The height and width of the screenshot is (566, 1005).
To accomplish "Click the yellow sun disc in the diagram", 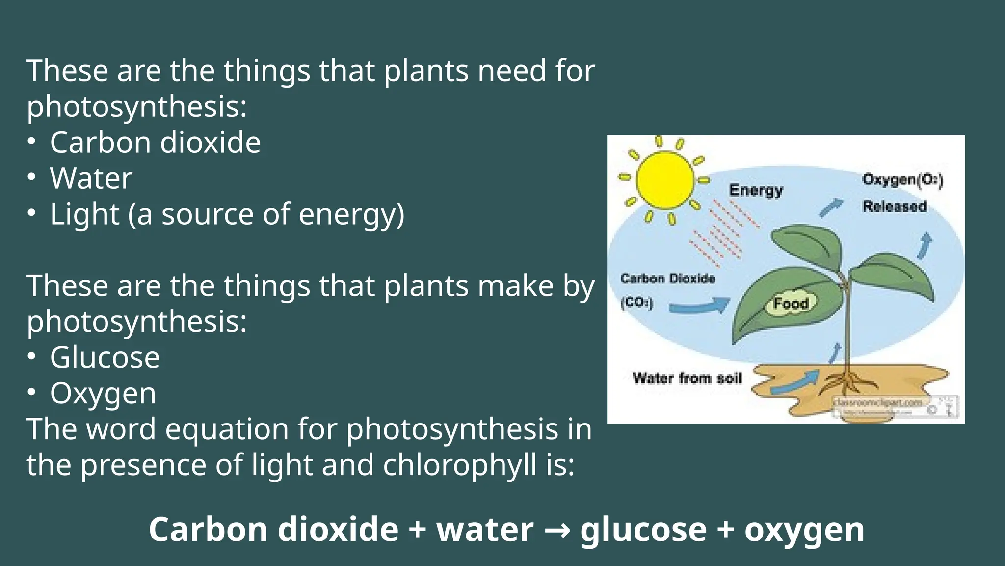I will pyautogui.click(x=665, y=180).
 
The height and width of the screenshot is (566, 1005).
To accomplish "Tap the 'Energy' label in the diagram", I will pyautogui.click(x=756, y=190).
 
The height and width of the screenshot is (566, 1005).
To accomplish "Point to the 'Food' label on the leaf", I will pyautogui.click(x=791, y=303).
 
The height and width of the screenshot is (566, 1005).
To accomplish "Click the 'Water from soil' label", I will pyautogui.click(x=687, y=378).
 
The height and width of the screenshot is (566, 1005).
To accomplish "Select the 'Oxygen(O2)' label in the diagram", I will pyautogui.click(x=902, y=180).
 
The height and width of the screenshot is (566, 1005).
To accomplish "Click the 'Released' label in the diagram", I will pyautogui.click(x=895, y=206).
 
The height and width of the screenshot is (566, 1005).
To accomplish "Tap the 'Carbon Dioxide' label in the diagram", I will pyautogui.click(x=667, y=279).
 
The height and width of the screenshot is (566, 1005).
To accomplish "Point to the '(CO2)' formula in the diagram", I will pyautogui.click(x=637, y=302).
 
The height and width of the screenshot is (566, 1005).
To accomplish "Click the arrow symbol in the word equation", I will pyautogui.click(x=557, y=530).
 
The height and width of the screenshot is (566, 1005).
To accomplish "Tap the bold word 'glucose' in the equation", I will pyautogui.click(x=643, y=530).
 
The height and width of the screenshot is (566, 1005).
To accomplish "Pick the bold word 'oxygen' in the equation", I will pyautogui.click(x=804, y=530).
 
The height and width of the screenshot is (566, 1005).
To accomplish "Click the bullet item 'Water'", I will pyautogui.click(x=91, y=178).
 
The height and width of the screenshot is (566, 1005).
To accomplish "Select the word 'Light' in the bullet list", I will pyautogui.click(x=84, y=214).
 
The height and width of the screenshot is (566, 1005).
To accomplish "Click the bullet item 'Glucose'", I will pyautogui.click(x=105, y=357).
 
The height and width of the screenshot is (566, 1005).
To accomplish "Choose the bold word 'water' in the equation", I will pyautogui.click(x=485, y=530).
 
